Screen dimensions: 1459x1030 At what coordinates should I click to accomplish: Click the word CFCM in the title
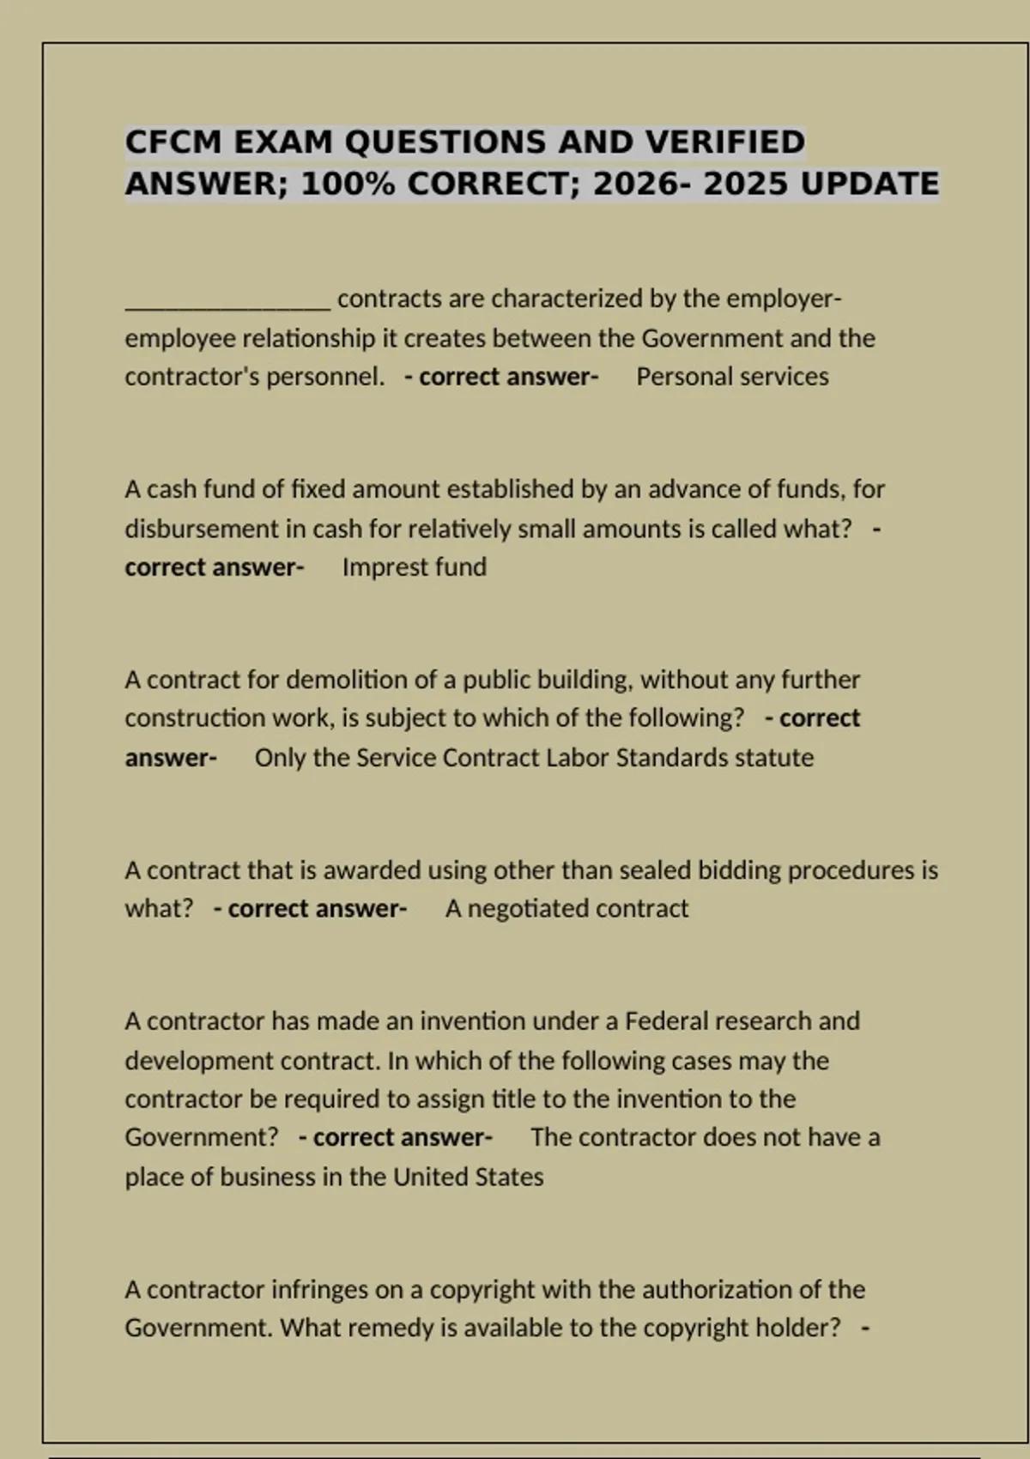point(173,142)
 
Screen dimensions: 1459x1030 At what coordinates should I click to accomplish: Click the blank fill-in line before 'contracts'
point(227,300)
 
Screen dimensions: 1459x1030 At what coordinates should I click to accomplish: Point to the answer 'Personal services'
point(732,377)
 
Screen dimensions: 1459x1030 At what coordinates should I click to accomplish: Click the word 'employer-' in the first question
point(784,299)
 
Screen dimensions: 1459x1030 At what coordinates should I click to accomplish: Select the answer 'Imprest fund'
point(414,567)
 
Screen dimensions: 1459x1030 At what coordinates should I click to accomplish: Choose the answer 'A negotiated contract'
point(566,909)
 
